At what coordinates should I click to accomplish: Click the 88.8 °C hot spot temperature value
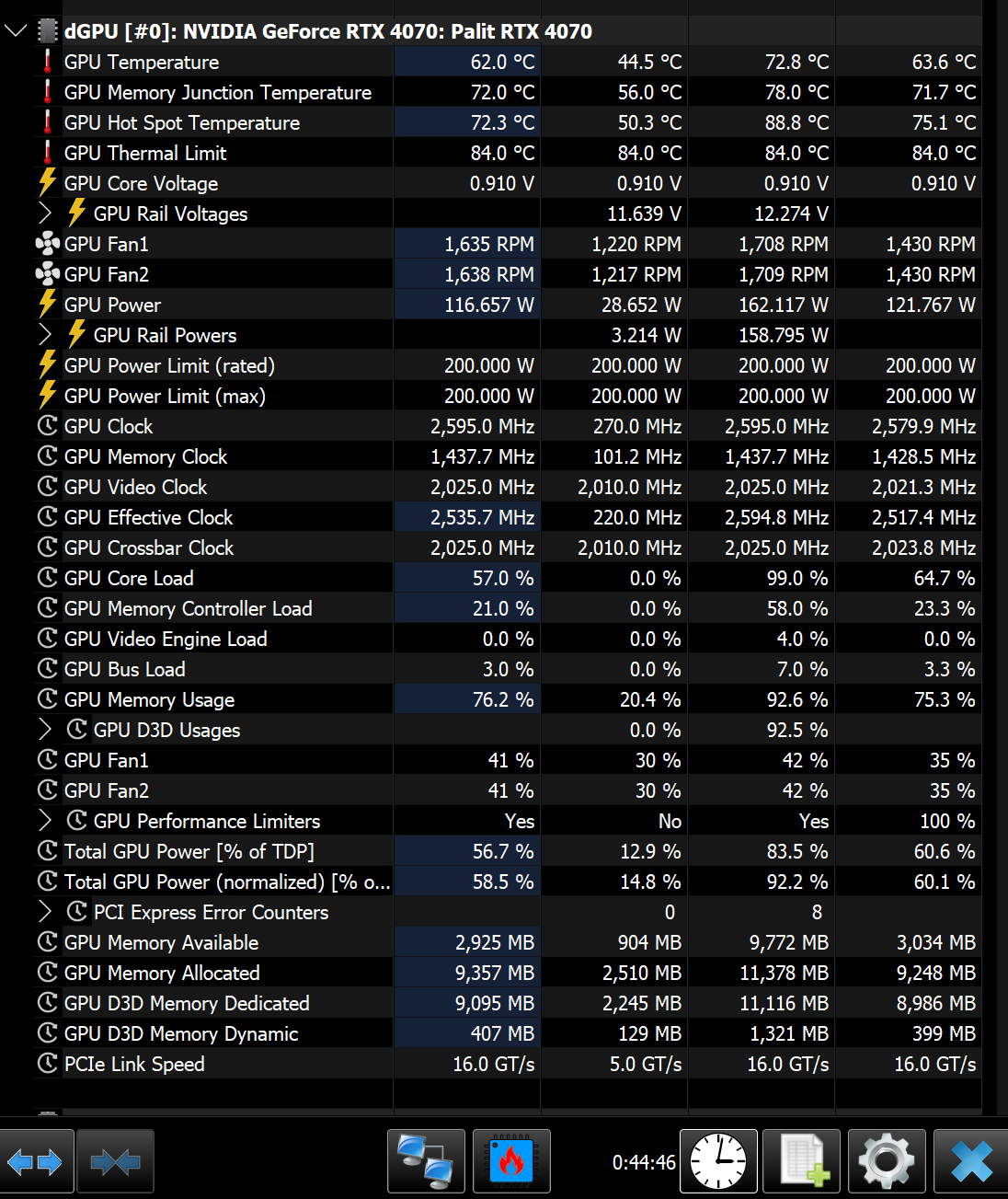[x=796, y=123]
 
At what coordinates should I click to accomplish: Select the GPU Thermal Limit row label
[x=145, y=154]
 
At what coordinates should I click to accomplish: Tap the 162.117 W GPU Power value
[x=784, y=305]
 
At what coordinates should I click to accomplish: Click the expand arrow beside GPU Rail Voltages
[x=45, y=213]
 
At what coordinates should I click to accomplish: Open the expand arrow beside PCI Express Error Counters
[x=45, y=912]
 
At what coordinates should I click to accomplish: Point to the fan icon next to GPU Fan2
[x=47, y=274]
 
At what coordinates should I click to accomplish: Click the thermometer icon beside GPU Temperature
[x=48, y=62]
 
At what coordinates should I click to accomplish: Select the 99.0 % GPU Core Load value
[x=797, y=578]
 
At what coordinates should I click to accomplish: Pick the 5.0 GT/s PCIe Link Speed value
[x=646, y=1064]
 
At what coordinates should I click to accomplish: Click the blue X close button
[x=971, y=1161]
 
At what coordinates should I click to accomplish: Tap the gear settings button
[x=887, y=1161]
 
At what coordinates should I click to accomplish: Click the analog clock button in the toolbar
[x=718, y=1161]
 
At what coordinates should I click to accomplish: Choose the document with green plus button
[x=802, y=1161]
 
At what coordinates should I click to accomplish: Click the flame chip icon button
[x=511, y=1161]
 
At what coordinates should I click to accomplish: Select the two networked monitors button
[x=426, y=1161]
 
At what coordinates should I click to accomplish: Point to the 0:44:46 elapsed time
[x=644, y=1162]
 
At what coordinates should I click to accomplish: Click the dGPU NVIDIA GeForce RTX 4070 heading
[x=327, y=31]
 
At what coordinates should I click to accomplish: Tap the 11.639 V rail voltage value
[x=644, y=213]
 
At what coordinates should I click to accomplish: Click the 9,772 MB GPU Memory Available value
[x=789, y=942]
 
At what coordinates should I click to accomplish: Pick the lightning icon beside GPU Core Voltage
[x=48, y=182]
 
